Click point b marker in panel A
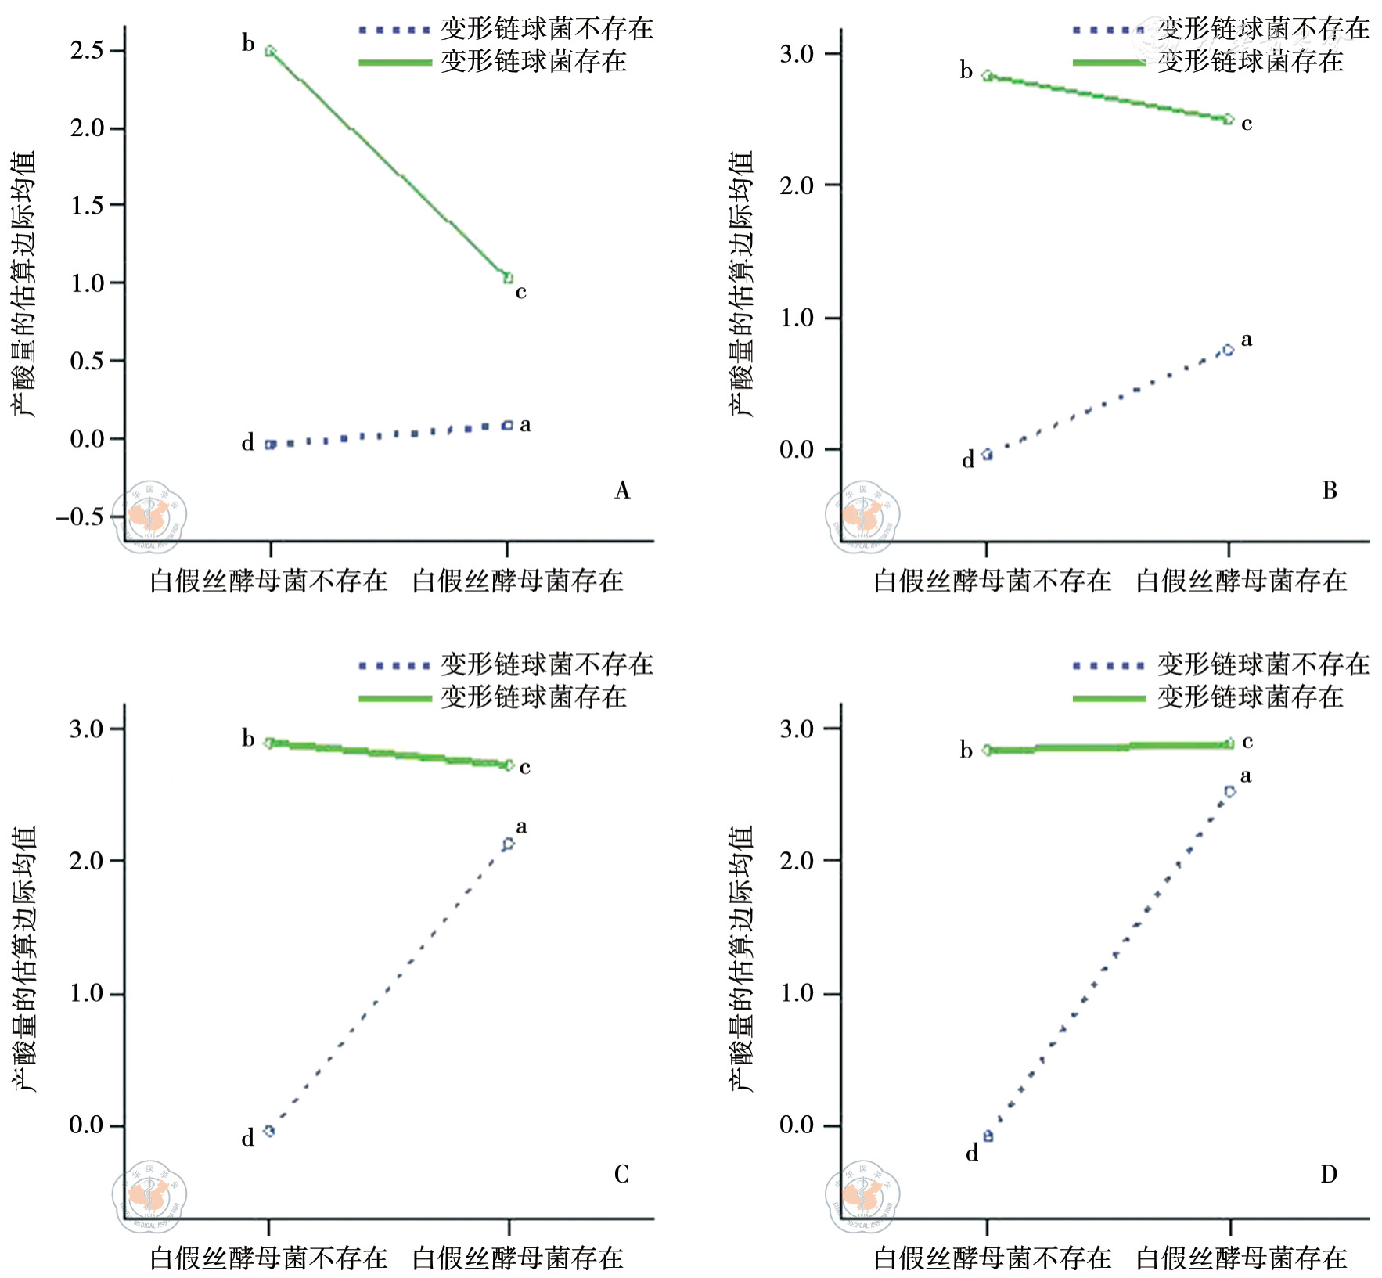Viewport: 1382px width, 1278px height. coord(270,51)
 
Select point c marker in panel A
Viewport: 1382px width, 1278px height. coord(508,277)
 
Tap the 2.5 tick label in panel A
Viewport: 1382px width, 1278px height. coord(86,51)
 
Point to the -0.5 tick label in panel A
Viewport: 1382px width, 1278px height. coord(81,517)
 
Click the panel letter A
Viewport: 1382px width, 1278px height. coord(622,491)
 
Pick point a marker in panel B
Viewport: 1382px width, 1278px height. coord(1229,350)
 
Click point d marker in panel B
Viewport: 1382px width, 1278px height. coord(988,454)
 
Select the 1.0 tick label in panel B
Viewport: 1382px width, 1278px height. coord(797,318)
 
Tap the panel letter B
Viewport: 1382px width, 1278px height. coord(1330,491)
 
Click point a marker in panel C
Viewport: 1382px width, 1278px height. coord(509,844)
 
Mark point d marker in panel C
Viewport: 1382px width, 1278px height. coord(269,1130)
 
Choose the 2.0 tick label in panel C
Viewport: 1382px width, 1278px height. coord(86,861)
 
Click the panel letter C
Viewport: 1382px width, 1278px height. coord(621,1174)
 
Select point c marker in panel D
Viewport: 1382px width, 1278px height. coord(1229,743)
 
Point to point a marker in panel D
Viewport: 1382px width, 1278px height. coord(1229,792)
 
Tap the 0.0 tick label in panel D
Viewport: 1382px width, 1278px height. coord(797,1125)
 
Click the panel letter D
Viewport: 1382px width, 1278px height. coord(1329,1174)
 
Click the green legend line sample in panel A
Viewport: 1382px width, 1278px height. coord(395,62)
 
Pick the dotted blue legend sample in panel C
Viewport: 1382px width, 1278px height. coord(395,666)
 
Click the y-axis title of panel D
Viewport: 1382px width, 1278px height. coord(740,959)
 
